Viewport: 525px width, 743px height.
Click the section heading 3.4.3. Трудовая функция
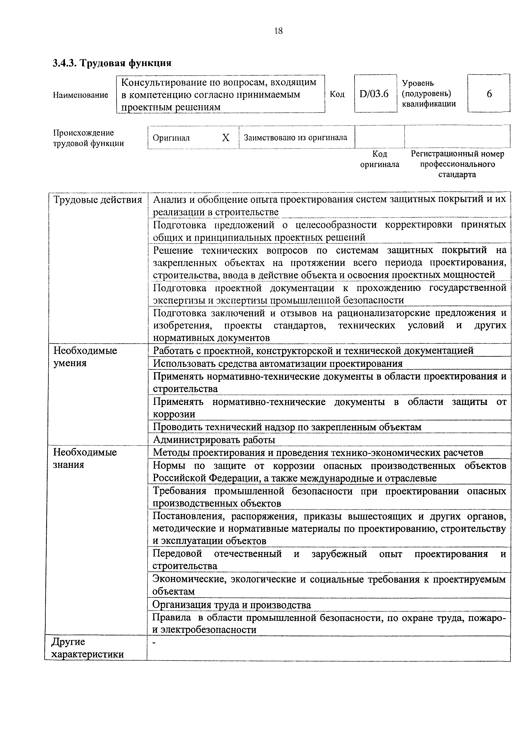(112, 62)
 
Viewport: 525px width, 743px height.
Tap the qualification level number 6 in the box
(489, 94)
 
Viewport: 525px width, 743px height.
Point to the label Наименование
(80, 95)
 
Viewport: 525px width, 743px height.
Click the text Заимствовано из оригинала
(295, 137)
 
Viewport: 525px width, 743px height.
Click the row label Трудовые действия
(98, 200)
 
